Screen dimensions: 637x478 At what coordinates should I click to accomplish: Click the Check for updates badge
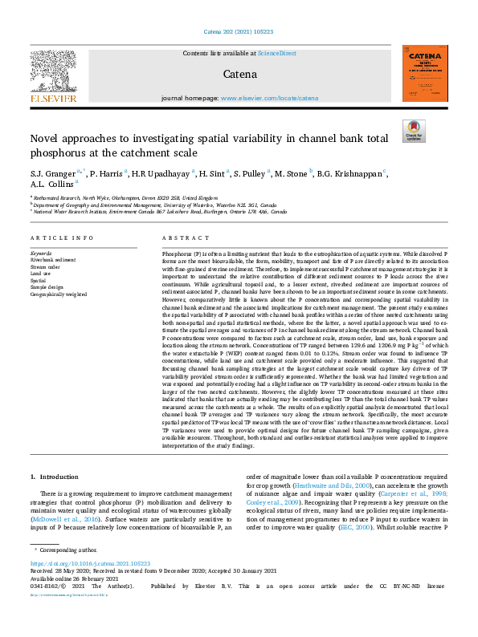(413, 132)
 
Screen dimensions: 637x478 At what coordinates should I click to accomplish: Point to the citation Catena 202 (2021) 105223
(239, 31)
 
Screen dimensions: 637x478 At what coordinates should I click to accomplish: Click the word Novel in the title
(47, 138)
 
